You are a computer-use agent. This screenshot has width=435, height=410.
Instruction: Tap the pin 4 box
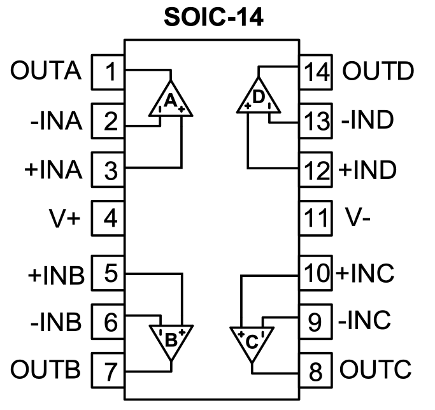[110, 219]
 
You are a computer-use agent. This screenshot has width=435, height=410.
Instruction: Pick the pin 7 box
[110, 369]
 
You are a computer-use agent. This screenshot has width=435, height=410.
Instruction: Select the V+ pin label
[63, 219]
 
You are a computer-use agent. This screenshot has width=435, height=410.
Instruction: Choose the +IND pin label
[367, 170]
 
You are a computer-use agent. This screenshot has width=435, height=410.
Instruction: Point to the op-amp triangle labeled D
[259, 99]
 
